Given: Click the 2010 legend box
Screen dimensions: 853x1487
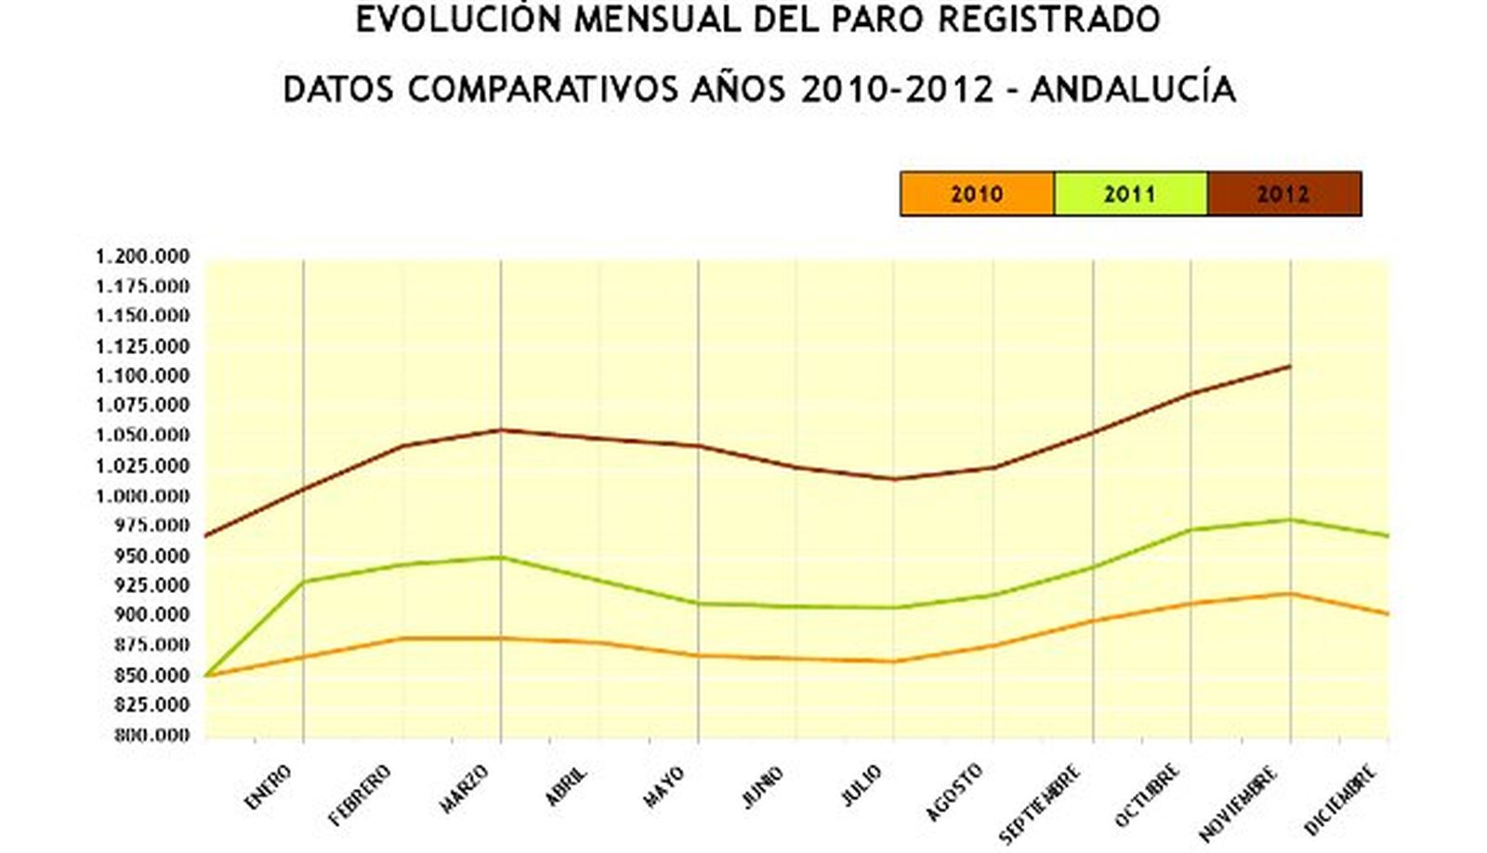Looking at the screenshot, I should pyautogui.click(x=977, y=194).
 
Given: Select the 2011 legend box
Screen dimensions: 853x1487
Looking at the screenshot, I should pyautogui.click(x=1130, y=194).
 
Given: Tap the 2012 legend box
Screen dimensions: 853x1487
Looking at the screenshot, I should pyautogui.click(x=1283, y=194).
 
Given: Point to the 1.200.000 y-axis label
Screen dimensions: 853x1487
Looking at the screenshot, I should pyautogui.click(x=142, y=256).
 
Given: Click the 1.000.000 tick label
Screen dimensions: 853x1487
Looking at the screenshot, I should pyautogui.click(x=142, y=495).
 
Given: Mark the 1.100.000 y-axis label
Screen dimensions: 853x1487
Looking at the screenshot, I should pyautogui.click(x=142, y=375).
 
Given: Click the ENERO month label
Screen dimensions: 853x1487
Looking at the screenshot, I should pyautogui.click(x=269, y=786).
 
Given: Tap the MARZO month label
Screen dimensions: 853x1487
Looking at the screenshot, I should pyautogui.click(x=465, y=789).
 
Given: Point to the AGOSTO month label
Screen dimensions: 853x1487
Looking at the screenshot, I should pyautogui.click(x=954, y=793).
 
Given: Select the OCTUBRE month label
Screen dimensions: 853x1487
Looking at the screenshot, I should pyautogui.click(x=1148, y=795).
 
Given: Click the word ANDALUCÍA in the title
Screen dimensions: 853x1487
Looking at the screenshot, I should pyautogui.click(x=1133, y=89).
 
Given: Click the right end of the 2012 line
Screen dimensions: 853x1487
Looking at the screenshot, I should pyautogui.click(x=1290, y=366).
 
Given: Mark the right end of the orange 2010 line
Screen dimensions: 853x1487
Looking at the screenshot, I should pyautogui.click(x=1388, y=613).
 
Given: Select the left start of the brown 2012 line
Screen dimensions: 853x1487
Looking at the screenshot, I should pyautogui.click(x=205, y=535).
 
